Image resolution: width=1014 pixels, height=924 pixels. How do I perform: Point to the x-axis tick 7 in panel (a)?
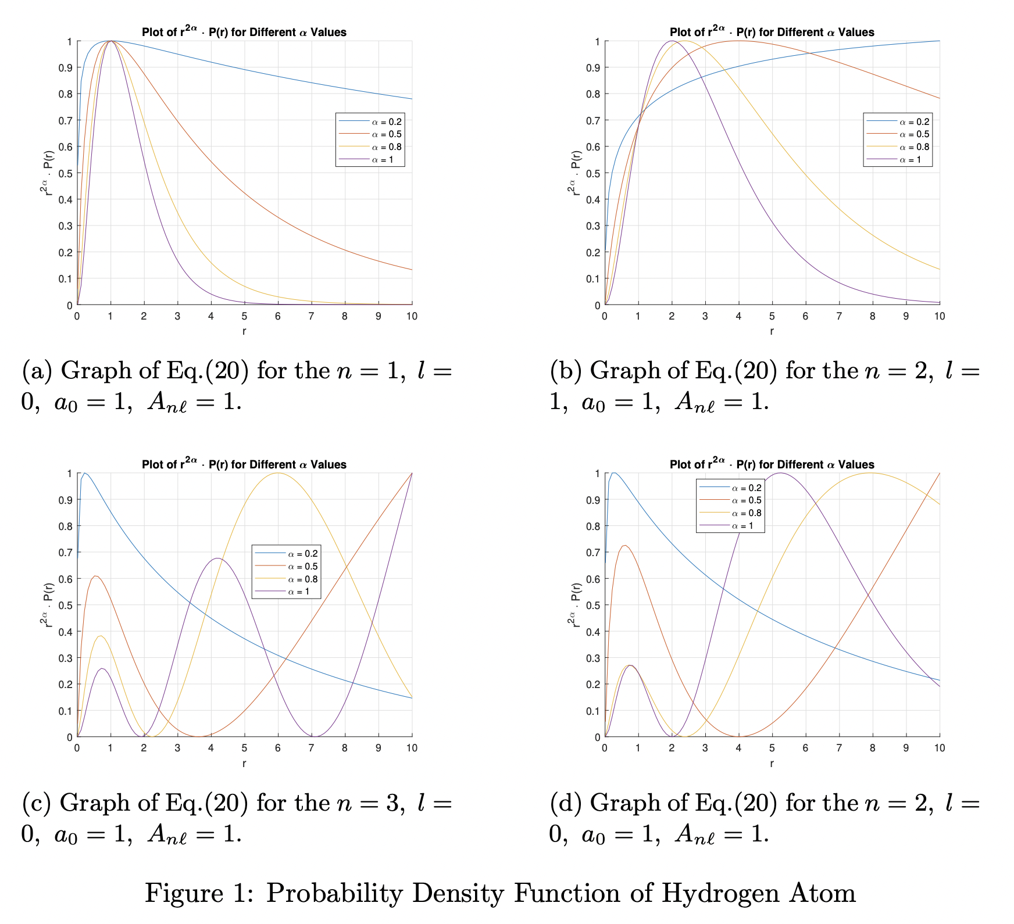click(311, 317)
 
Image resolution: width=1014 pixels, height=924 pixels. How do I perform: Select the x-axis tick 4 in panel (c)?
click(211, 748)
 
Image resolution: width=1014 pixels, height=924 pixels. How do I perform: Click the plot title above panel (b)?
click(772, 32)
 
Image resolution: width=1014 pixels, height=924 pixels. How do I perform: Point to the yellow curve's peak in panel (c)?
click(277, 473)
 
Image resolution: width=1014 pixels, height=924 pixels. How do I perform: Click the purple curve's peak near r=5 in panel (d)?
click(780, 473)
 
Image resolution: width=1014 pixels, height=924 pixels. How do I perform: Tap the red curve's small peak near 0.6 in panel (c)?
click(96, 576)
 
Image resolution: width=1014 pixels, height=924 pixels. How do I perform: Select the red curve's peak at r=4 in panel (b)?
click(738, 41)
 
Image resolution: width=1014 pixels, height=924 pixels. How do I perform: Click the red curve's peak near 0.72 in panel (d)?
click(625, 546)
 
